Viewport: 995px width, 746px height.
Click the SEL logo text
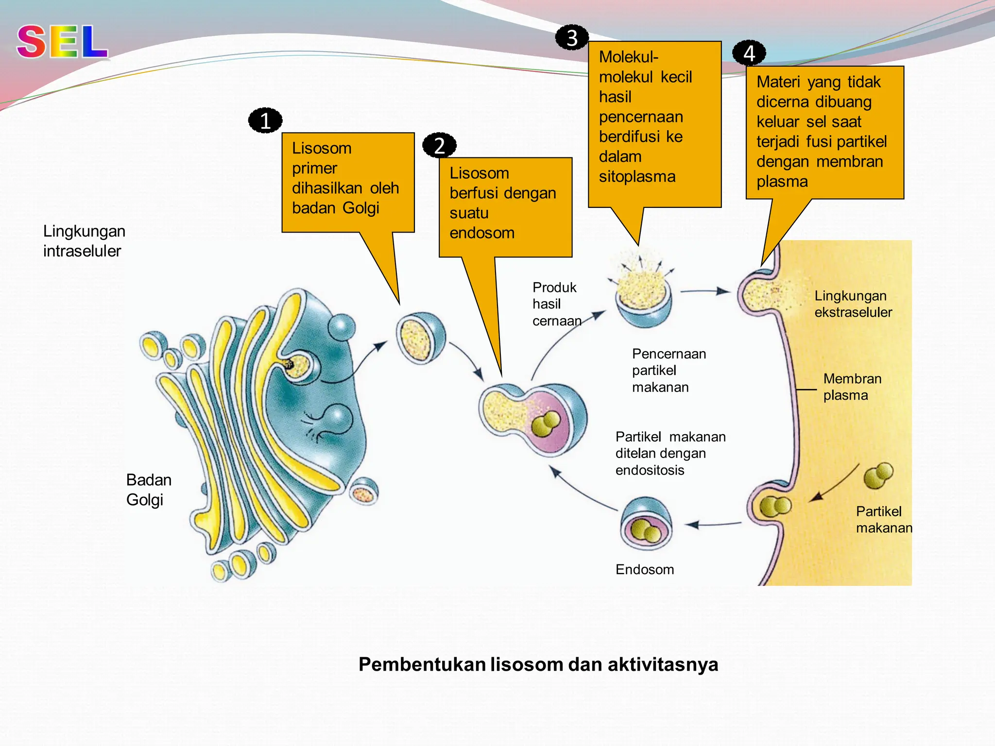coord(62,42)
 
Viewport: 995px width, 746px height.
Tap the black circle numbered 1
coord(265,120)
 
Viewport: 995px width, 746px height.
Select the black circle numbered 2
coord(439,145)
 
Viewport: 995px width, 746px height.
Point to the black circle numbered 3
coord(572,37)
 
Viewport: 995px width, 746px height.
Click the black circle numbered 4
coord(749,53)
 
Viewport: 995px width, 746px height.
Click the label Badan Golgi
coord(148,490)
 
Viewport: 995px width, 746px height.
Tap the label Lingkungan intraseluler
coord(84,241)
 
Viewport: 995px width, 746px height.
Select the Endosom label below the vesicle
coord(644,569)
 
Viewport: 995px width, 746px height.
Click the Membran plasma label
coord(852,387)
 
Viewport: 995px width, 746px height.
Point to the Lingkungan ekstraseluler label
coord(853,304)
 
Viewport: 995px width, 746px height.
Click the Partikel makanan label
coord(883,519)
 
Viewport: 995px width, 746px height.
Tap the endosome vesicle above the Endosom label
coord(646,524)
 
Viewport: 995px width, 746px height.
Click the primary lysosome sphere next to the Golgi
coord(421,338)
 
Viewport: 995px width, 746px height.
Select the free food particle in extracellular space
coord(878,475)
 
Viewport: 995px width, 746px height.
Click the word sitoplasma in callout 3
coord(637,176)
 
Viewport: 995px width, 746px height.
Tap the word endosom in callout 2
coord(481,233)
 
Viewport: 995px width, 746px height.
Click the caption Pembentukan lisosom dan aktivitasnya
coord(538,664)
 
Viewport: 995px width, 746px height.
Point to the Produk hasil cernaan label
coord(555,304)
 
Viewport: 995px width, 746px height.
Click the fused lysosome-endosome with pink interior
coord(534,419)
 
